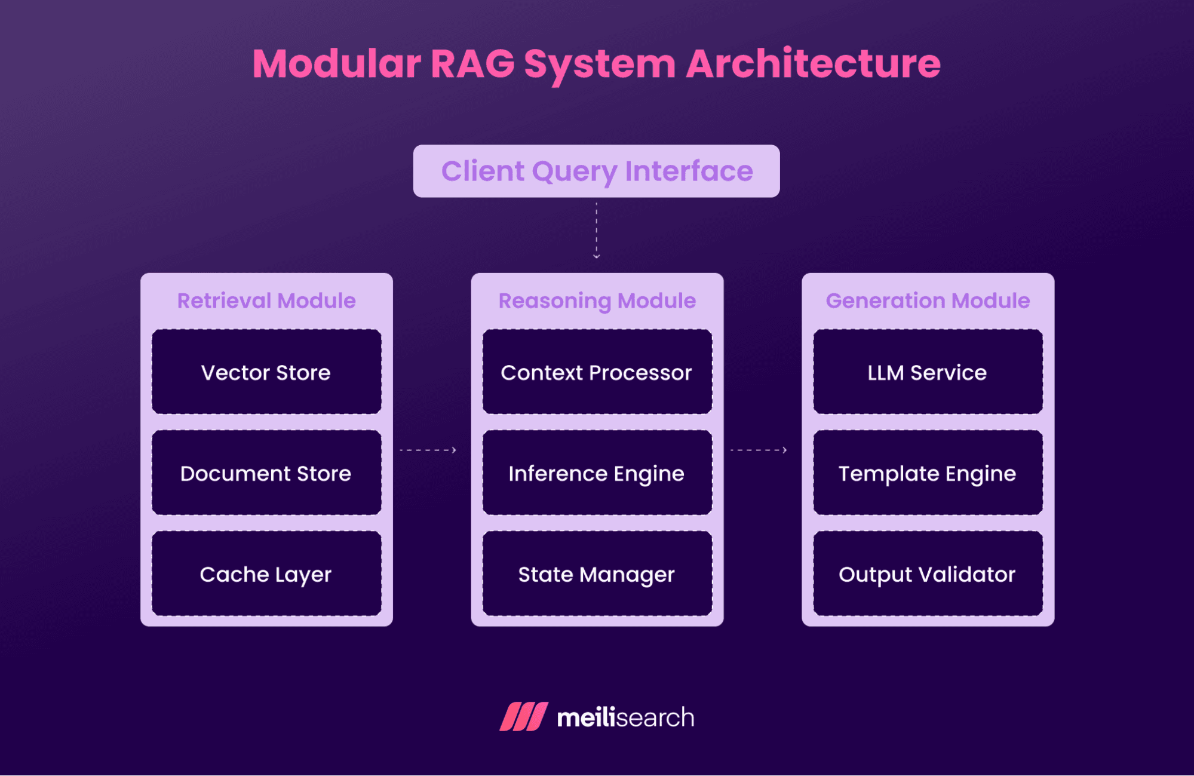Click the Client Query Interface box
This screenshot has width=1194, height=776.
pos(596,171)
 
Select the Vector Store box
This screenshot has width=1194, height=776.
pos(266,372)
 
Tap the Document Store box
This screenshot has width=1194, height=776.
pos(266,473)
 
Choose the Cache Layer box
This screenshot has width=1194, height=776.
pos(266,574)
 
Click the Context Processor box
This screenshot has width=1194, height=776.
pos(597,372)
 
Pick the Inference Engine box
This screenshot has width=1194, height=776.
pos(597,473)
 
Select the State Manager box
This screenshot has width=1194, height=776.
pos(597,574)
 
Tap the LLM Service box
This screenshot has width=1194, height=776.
pos(928,372)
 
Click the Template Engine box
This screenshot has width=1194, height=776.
pos(928,473)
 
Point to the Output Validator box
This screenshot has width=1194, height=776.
pos(928,574)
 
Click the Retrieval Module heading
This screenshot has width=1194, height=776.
pos(266,300)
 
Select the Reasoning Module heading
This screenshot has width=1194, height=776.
pos(597,300)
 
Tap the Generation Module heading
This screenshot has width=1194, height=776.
pos(928,300)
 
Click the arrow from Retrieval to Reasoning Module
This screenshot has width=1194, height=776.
pos(428,450)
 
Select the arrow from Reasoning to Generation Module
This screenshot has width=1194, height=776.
pos(759,450)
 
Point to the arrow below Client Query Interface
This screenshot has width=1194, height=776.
pos(596,230)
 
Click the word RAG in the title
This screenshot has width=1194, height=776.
pos(472,63)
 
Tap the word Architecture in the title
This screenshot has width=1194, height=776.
pos(813,63)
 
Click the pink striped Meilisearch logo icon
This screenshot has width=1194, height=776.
pos(524,716)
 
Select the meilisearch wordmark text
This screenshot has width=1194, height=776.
pos(625,717)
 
